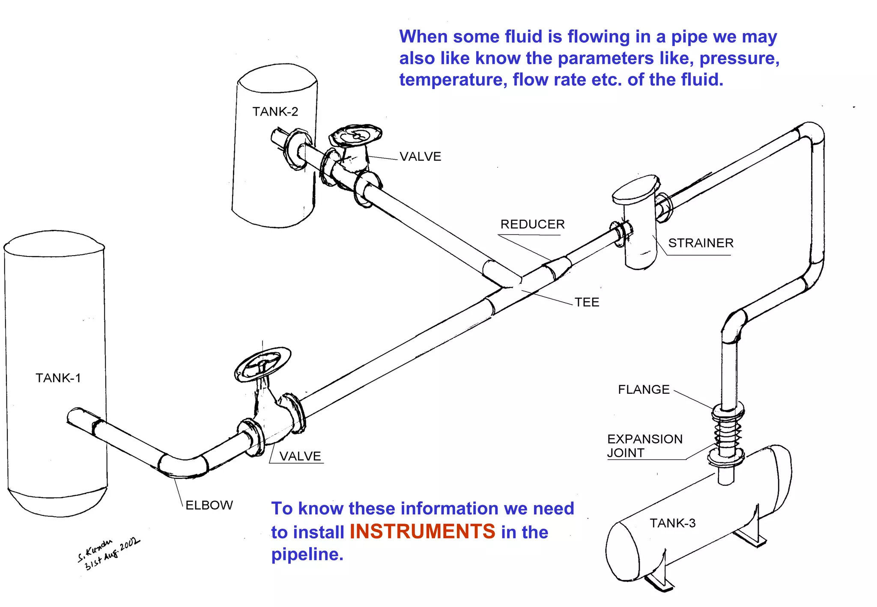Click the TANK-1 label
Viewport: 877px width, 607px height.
[x=58, y=378]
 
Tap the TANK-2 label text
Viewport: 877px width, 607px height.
[x=275, y=112]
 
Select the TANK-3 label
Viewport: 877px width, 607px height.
[x=672, y=523]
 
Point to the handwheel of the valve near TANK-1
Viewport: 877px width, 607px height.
[x=262, y=364]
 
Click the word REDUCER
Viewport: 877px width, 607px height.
[x=532, y=224]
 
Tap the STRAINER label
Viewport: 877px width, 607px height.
[x=701, y=243]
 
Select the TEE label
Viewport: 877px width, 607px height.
[x=587, y=302]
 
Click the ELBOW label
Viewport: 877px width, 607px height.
[x=209, y=505]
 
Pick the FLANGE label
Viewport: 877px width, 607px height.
[x=643, y=390]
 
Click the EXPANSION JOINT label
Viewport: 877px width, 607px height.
[x=644, y=446]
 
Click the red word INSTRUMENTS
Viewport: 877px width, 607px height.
[x=422, y=532]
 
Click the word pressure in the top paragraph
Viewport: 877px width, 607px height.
[x=739, y=59]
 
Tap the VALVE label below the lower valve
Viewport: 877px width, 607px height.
[x=300, y=456]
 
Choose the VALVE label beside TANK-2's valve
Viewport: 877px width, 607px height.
[x=420, y=157]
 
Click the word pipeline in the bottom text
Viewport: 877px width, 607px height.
[x=307, y=554]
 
